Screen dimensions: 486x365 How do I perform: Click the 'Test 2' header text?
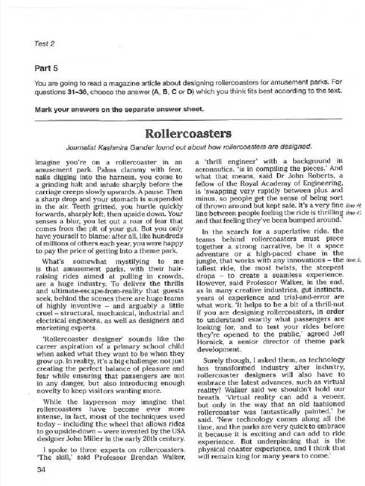click(45, 44)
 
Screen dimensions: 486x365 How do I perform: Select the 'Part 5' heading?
click(46, 68)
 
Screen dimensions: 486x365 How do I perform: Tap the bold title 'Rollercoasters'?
click(182, 133)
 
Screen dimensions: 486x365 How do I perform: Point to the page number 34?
click(40, 469)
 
